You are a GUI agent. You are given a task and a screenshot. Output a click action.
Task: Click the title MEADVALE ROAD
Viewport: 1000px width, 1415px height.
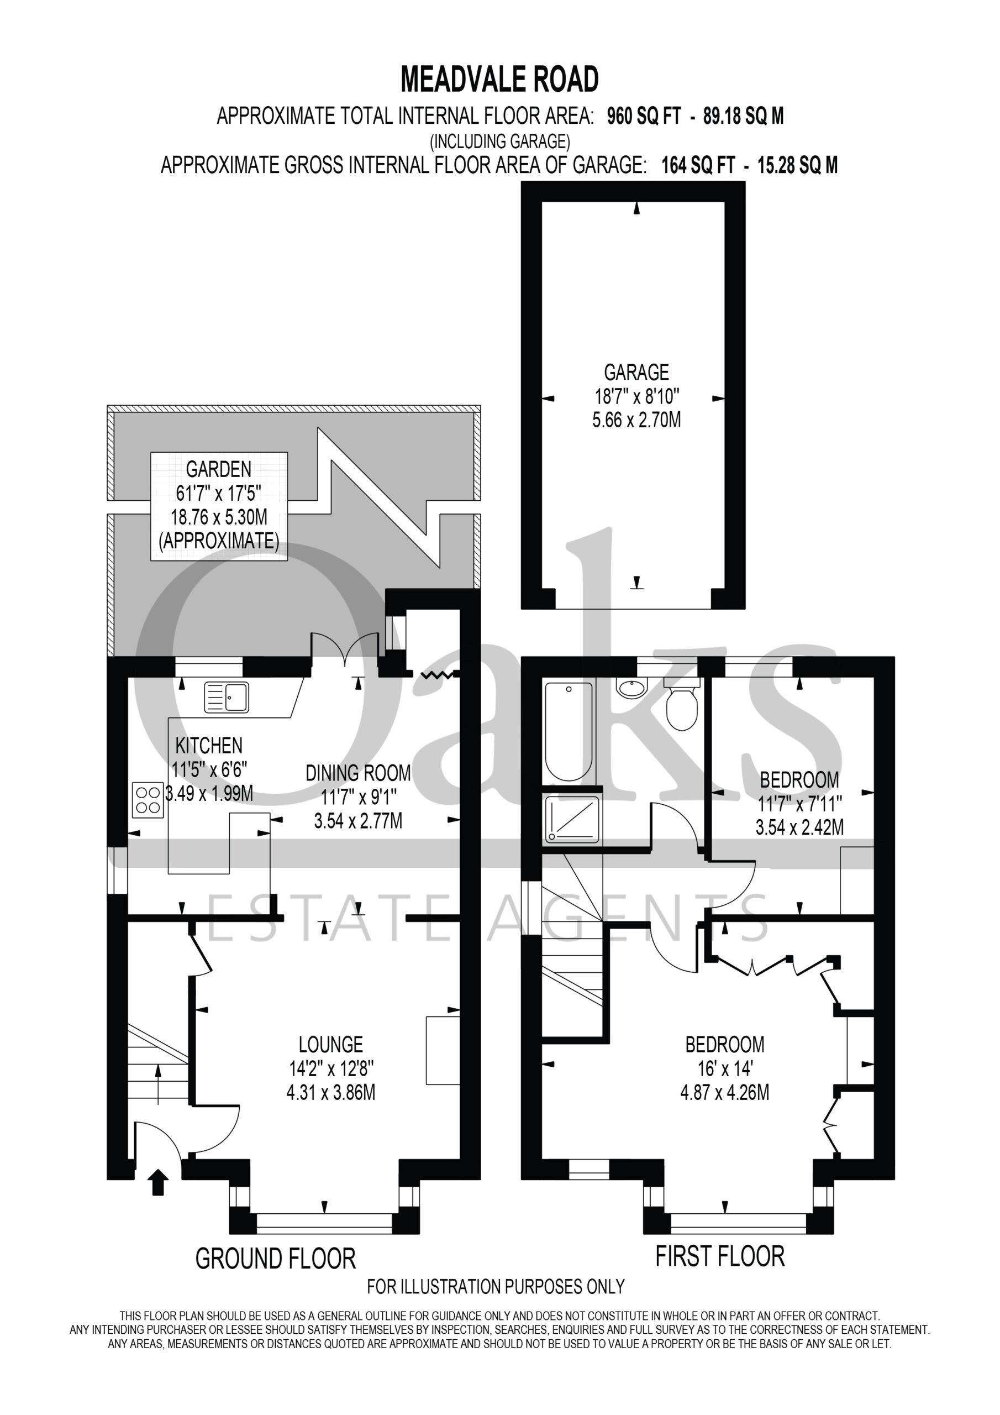pyautogui.click(x=499, y=79)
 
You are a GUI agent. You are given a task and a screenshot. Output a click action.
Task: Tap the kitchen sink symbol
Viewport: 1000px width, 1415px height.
pyautogui.click(x=227, y=698)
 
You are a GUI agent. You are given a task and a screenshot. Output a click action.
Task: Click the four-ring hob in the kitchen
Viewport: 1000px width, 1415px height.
pyautogui.click(x=148, y=800)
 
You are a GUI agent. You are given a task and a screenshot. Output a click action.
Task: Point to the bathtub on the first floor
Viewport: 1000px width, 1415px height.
pyautogui.click(x=568, y=730)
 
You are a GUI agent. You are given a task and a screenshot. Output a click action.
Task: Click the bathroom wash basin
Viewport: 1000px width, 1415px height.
pyautogui.click(x=632, y=688)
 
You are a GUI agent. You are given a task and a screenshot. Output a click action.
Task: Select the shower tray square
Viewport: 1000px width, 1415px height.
pyautogui.click(x=572, y=819)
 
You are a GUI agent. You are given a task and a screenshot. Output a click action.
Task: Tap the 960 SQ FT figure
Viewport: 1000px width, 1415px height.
pyautogui.click(x=644, y=116)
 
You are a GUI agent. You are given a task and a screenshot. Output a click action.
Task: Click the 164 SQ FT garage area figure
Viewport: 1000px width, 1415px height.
pyautogui.click(x=698, y=165)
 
